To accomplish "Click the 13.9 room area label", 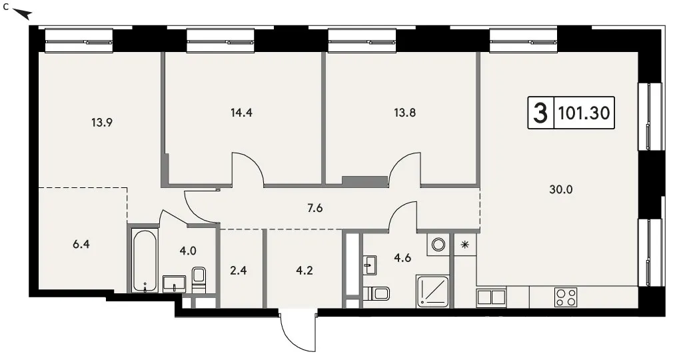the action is tap(102, 123).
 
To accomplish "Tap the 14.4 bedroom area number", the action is tap(241, 113).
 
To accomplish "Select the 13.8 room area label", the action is tap(405, 113).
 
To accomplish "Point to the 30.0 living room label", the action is tap(561, 189).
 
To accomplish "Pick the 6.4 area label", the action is tap(81, 245).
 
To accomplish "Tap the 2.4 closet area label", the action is tap(239, 271).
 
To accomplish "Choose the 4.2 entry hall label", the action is tap(304, 271).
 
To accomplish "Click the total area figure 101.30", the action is tap(584, 113).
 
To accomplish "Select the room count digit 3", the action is tap(540, 113).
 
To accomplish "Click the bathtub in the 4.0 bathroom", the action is tap(144, 261).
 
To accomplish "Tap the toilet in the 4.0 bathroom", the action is tap(199, 279).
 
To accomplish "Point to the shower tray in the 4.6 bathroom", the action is tap(432, 291).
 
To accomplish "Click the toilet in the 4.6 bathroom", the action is tap(376, 293).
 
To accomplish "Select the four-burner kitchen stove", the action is tap(566, 297).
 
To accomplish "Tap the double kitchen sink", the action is tap(491, 297).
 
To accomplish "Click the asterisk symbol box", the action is tap(465, 245).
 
